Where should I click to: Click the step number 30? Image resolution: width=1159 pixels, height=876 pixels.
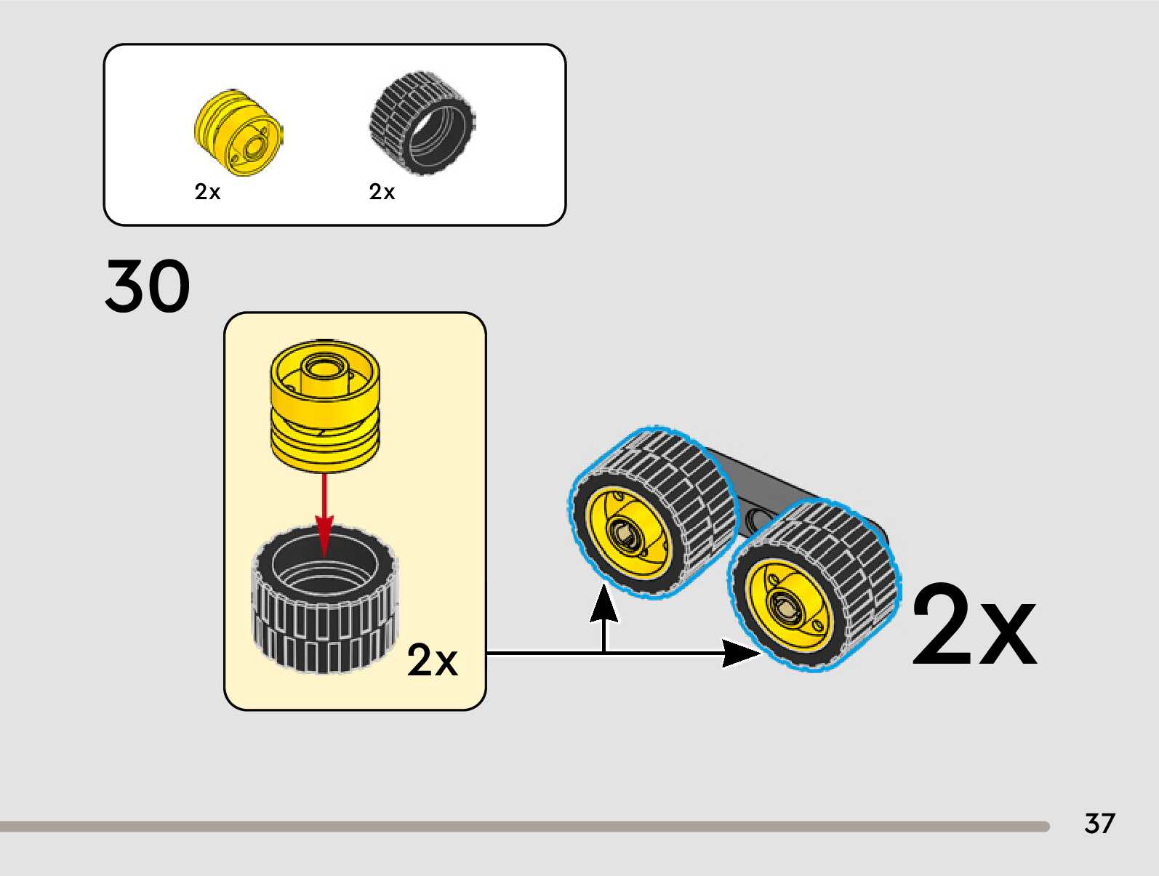pos(148,286)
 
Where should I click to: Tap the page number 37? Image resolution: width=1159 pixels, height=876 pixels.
pos(1099,823)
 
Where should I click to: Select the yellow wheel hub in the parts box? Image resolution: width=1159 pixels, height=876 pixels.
pos(238,132)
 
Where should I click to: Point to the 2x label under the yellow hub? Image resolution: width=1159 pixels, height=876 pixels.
pos(207,192)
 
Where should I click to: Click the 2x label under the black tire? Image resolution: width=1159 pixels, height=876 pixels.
pos(382,192)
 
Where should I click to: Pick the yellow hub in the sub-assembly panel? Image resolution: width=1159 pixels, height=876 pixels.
pos(324,407)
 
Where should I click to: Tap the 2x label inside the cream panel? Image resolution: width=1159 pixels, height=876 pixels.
pos(432,660)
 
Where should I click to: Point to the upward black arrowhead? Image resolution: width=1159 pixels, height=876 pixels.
pos(603,605)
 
